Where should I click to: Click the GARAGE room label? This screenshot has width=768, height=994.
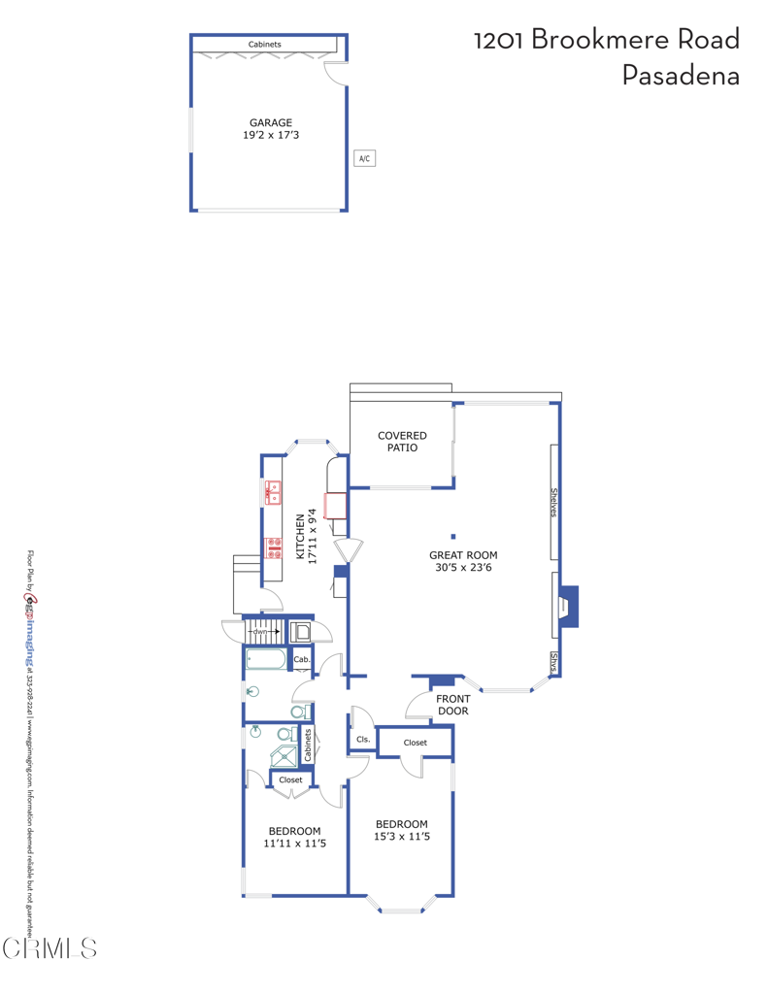click(x=270, y=123)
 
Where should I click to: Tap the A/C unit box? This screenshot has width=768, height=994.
click(x=364, y=158)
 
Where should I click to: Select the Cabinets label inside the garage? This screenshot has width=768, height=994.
click(x=264, y=45)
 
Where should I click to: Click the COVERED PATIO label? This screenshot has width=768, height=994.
click(x=402, y=442)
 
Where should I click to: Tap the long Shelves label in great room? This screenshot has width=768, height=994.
click(x=554, y=502)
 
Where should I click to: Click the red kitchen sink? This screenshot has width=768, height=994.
click(x=273, y=492)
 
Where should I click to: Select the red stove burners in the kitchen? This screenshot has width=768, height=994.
click(x=273, y=548)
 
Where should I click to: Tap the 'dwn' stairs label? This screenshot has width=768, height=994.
click(x=260, y=632)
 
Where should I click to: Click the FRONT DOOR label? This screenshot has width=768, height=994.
click(x=452, y=705)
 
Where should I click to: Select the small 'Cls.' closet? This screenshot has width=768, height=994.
click(x=363, y=740)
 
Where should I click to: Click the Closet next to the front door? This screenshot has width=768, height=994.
click(x=415, y=743)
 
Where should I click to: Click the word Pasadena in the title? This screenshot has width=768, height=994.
click(x=680, y=76)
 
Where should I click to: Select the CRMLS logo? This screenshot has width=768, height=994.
click(x=49, y=947)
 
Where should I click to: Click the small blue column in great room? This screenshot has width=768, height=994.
click(x=453, y=536)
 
